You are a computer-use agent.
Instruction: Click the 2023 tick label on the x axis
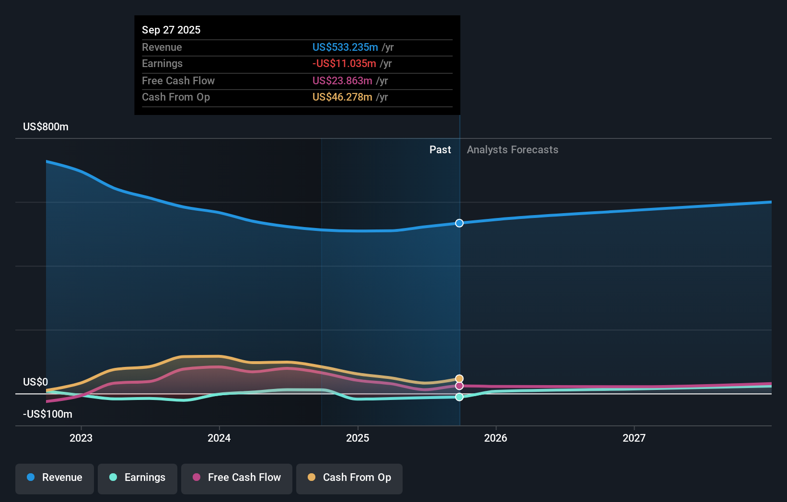[x=81, y=438]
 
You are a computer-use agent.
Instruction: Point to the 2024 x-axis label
[x=219, y=438]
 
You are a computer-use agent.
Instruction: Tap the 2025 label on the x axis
[x=358, y=438]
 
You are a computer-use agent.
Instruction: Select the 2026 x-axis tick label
[x=496, y=438]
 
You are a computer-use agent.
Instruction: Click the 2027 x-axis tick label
[x=634, y=438]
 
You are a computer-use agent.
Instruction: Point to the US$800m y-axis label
[x=46, y=127]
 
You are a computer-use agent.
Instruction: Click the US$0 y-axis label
[x=35, y=382]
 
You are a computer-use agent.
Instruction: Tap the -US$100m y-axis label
[x=47, y=414]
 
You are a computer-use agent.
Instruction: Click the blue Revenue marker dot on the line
[x=459, y=223]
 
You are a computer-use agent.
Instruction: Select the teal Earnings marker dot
[x=459, y=397]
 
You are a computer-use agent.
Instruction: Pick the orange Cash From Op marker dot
[x=459, y=379]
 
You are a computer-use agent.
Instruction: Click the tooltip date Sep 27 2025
[x=171, y=30]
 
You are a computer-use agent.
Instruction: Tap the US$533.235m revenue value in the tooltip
[x=345, y=47]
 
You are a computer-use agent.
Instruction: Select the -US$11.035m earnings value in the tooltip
[x=344, y=63]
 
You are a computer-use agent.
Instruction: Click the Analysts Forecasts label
[x=512, y=150]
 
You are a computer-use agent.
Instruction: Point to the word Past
[x=440, y=150]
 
